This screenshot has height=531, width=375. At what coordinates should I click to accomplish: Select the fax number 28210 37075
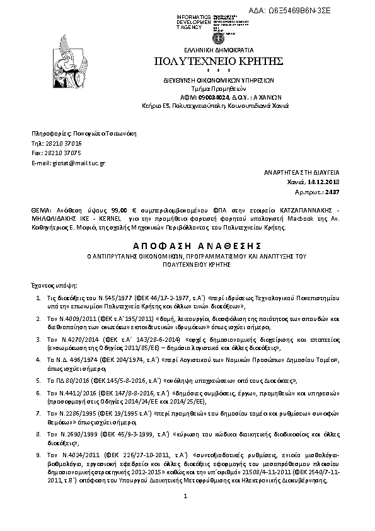[x=65, y=153]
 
